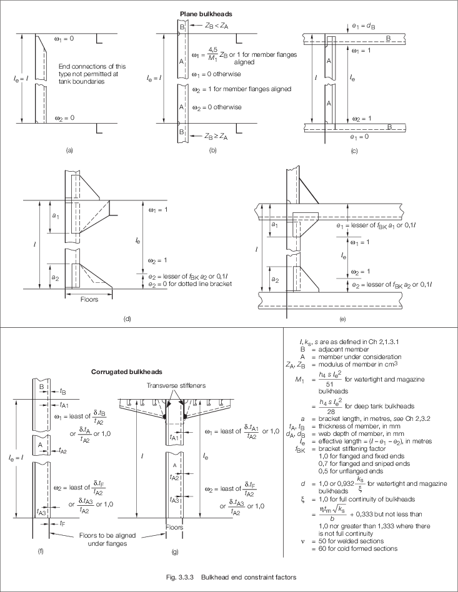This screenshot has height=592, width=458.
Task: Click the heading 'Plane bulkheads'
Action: tap(206, 14)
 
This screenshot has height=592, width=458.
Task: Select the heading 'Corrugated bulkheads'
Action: tap(127, 372)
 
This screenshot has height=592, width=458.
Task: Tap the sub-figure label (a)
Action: tap(69, 150)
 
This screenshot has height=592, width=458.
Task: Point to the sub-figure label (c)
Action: tap(354, 151)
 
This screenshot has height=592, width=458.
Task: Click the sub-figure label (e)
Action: tap(343, 319)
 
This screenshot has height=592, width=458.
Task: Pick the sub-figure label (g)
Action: tap(175, 551)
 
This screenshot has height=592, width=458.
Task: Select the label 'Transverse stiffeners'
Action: tap(176, 385)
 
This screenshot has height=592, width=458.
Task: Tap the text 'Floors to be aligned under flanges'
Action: tap(107, 540)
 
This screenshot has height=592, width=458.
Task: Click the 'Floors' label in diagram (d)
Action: tap(89, 299)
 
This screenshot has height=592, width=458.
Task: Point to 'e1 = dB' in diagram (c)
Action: tap(364, 26)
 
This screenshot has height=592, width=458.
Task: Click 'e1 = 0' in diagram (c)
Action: tap(359, 137)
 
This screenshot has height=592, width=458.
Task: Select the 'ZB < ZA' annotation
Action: tap(217, 26)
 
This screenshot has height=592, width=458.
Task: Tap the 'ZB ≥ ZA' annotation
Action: tap(216, 136)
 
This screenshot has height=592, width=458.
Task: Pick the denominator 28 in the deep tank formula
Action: tap(331, 412)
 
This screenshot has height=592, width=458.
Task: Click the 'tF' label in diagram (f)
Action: tap(62, 523)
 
